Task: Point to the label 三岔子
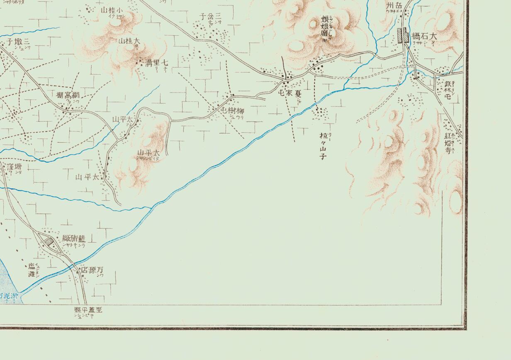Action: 209,16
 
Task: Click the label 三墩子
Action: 19,42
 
